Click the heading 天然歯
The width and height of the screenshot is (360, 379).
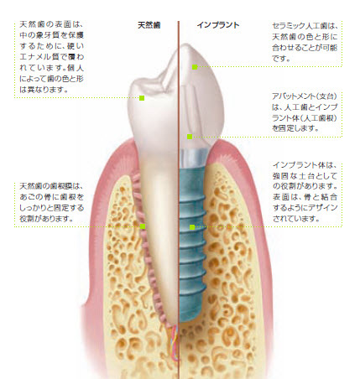[x=149, y=25]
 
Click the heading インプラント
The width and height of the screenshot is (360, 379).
[x=218, y=25]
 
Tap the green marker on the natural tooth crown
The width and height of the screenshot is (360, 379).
[x=142, y=98]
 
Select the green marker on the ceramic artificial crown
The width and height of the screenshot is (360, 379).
[x=195, y=67]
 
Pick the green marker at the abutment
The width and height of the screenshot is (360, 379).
[x=190, y=137]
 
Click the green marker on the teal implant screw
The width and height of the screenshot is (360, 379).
[x=192, y=227]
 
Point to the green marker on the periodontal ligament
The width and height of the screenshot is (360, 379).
[x=143, y=226]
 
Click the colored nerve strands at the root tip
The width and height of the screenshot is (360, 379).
[x=175, y=342]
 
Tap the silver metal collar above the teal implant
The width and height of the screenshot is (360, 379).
[x=194, y=158]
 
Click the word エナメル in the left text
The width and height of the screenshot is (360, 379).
[x=38, y=57]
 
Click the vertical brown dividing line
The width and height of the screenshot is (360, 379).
[x=179, y=200]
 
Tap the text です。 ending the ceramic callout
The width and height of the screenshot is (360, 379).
[x=281, y=59]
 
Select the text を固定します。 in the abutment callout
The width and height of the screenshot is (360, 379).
[x=295, y=128]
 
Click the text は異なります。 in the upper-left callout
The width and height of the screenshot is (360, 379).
[x=44, y=90]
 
